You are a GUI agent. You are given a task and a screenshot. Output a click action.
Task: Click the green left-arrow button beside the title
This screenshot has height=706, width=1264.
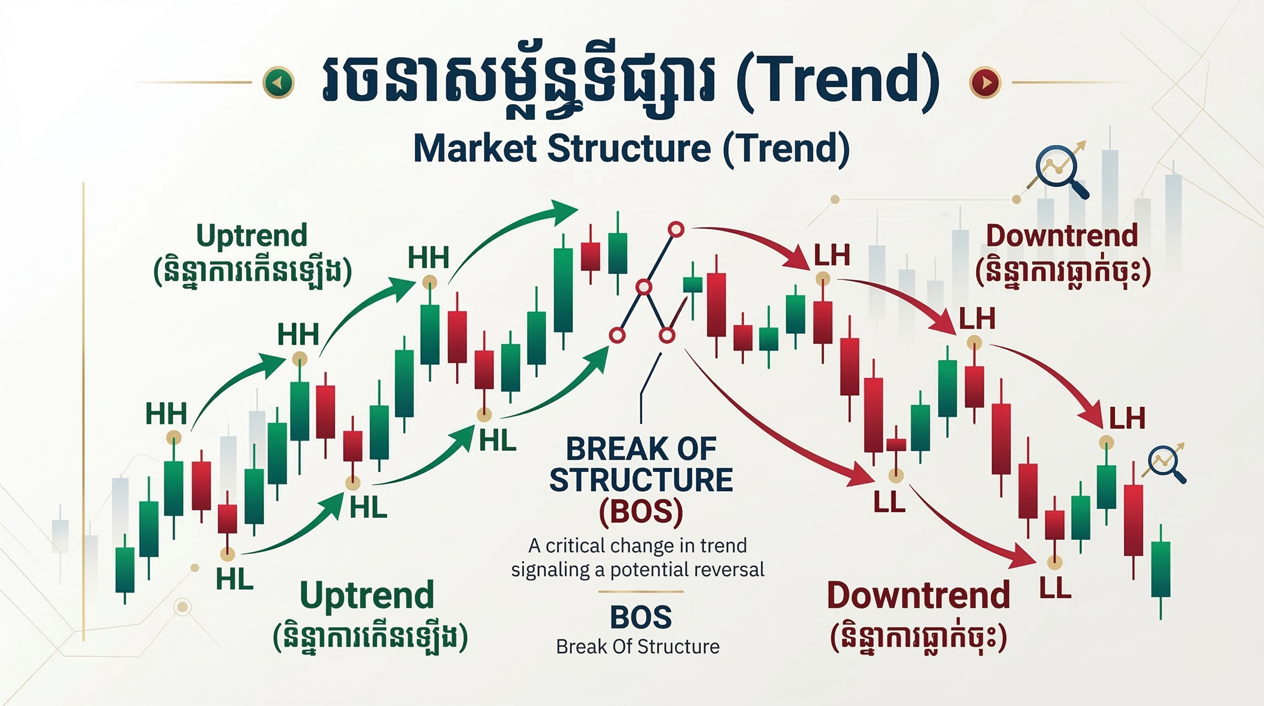278,82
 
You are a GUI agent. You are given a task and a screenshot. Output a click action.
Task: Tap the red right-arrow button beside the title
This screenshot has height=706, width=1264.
985,82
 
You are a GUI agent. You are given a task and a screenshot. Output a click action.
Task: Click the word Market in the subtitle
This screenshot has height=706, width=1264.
474,148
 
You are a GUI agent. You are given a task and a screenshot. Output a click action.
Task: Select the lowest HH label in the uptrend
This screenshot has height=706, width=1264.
166,413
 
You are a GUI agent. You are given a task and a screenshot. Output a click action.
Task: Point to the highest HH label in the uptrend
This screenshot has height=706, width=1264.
429,257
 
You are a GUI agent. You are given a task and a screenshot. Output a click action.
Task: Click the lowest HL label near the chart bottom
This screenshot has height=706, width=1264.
235,579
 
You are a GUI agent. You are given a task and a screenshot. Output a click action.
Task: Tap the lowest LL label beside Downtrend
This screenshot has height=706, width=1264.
1055,588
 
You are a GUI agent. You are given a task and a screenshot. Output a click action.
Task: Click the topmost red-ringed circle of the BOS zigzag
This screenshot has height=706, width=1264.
676,229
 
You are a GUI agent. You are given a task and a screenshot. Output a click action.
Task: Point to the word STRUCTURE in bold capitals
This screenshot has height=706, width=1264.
641,480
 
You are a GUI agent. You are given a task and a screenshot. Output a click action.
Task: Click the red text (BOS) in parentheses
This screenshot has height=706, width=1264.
641,512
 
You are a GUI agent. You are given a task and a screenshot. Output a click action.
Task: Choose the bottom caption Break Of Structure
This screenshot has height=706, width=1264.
638,647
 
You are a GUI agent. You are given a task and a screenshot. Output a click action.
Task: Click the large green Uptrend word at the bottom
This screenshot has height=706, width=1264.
367,596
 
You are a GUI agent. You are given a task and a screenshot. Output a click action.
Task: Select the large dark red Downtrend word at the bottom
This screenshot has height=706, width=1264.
918,596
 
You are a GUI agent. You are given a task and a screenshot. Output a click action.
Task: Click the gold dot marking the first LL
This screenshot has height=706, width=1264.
896,475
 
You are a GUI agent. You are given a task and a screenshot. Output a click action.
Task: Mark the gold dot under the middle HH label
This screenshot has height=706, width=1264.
299,359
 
